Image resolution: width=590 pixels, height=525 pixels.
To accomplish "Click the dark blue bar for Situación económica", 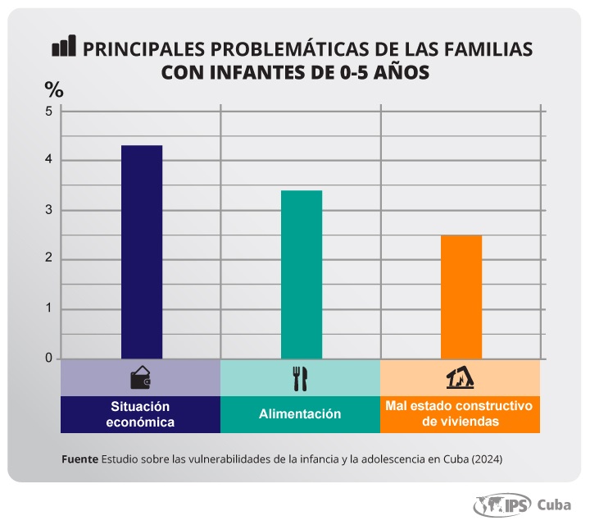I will (142, 252).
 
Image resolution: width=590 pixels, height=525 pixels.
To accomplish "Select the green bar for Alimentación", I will (302, 274).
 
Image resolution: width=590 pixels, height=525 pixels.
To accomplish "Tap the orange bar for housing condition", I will (461, 297).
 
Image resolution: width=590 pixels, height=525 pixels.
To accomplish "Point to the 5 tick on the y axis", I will (48, 110).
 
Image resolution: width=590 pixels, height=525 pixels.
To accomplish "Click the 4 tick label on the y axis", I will (48, 160).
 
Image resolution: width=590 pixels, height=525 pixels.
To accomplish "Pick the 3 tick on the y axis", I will (48, 210).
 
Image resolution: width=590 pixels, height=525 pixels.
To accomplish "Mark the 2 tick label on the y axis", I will (48, 259).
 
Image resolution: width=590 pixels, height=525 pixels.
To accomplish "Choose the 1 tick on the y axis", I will (48, 309).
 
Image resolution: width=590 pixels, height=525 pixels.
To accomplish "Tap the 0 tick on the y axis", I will (48, 358).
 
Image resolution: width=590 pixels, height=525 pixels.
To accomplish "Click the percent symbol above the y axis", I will (53, 89).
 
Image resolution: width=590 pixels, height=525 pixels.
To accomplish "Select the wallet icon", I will (141, 378).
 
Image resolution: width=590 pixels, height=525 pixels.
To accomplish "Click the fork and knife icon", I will (300, 378).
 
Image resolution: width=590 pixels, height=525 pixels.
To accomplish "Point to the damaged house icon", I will (461, 378).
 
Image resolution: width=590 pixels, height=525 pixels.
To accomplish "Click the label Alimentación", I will (300, 414).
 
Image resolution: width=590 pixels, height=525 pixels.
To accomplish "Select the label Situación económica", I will (141, 414).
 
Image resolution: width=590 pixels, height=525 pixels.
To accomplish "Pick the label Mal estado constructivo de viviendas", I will (460, 414).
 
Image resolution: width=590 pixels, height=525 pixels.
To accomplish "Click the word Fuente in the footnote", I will (79, 459).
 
